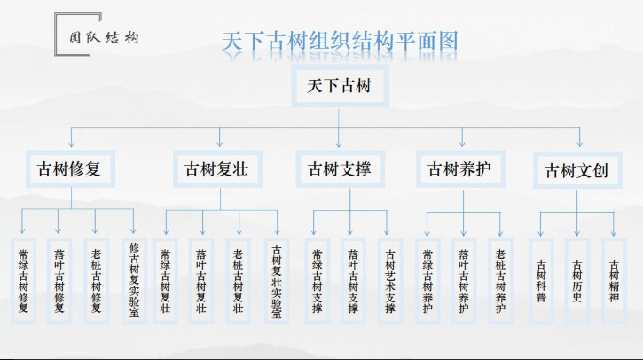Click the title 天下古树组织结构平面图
tap(340, 42)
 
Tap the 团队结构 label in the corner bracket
tap(104, 38)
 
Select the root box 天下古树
tap(340, 86)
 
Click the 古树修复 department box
tap(70, 169)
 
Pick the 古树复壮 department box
tap(217, 169)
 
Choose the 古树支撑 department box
tap(340, 169)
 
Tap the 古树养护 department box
tap(460, 169)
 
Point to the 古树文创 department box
tap(577, 170)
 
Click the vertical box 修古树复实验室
tap(134, 280)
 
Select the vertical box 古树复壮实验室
tap(277, 280)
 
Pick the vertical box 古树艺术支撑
tap(390, 280)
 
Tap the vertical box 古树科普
tap(541, 280)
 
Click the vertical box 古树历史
tap(577, 280)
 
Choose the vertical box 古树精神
tap(614, 280)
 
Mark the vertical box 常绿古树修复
tap(23, 280)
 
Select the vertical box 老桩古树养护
tap(500, 280)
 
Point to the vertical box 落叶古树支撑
tap(353, 280)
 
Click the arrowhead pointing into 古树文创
tap(579, 144)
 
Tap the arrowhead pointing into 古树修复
tap(71, 144)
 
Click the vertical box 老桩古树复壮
tap(239, 280)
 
